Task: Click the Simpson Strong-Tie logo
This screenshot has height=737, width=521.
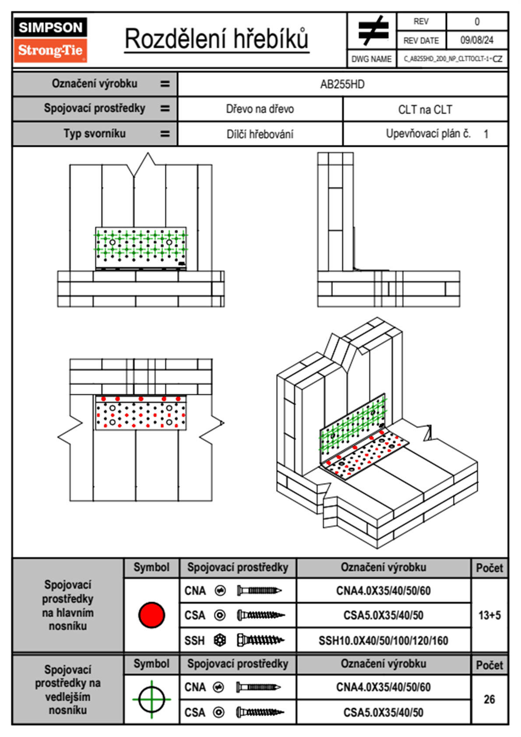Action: coord(50,39)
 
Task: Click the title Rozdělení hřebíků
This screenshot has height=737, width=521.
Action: coord(217,39)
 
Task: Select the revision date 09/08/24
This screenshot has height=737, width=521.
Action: coord(476,40)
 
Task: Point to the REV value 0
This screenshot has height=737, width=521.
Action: coord(477,21)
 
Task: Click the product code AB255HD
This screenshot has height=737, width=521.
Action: coord(342,85)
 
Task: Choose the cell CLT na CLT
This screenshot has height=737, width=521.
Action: coord(425,110)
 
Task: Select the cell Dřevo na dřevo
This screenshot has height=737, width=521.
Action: coord(260,109)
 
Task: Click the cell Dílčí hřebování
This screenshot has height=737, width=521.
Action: coord(260,134)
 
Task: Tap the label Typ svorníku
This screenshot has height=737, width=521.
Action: coord(95,134)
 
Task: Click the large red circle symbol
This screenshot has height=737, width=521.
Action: coord(151,615)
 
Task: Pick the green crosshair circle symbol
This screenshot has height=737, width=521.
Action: coord(151,699)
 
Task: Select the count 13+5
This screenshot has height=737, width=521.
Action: coord(489,615)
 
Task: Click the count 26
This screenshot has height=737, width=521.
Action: coord(489,699)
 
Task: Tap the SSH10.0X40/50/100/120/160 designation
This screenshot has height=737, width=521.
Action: coord(383,641)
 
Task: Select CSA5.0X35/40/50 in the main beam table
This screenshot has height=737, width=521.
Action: coord(383,615)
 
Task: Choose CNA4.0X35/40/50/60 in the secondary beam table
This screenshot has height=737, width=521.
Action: coord(383,687)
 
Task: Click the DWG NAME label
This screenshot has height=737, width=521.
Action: coord(371,59)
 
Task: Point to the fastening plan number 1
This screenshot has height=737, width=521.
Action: coord(486,134)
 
